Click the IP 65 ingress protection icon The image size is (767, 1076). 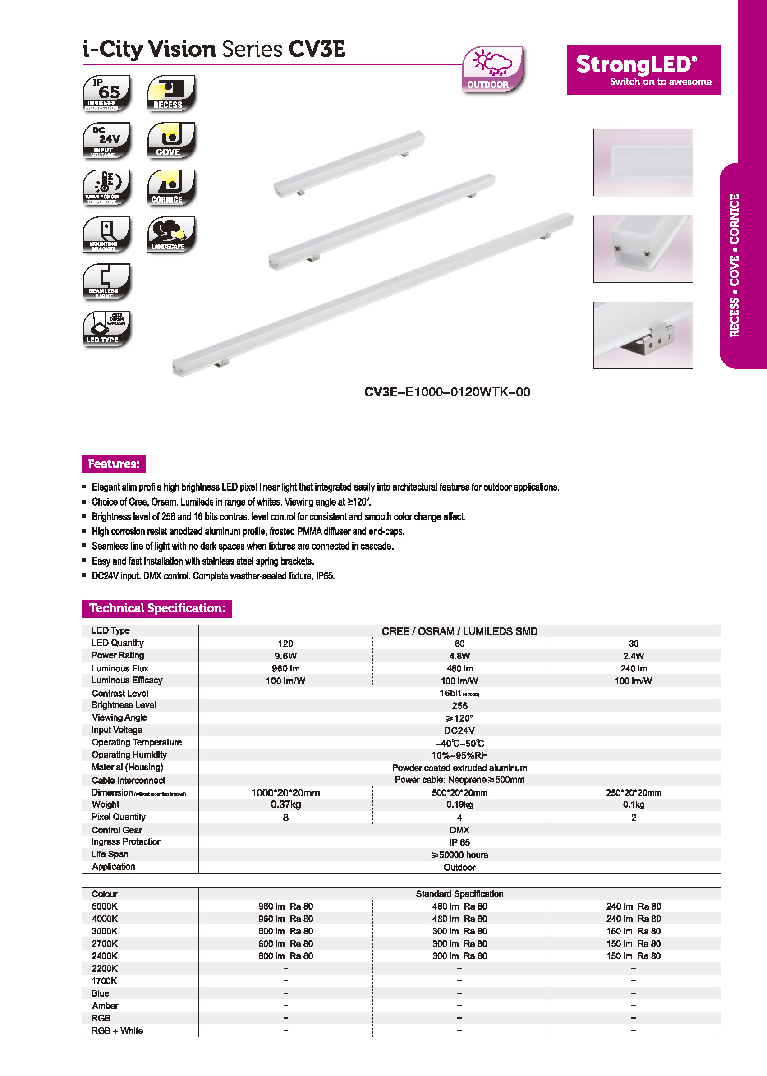106,93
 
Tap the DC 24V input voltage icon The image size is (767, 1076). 106,140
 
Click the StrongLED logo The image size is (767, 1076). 643,70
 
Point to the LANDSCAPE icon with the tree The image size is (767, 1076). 171,235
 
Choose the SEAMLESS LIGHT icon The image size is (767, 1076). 106,281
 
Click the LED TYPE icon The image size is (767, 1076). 106,329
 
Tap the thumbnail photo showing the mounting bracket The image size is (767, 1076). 643,335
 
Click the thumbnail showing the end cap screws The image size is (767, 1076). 643,249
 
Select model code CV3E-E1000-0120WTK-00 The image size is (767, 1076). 447,392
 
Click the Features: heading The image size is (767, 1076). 113,464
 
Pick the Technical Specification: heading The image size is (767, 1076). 157,608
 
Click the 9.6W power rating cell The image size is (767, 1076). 285,656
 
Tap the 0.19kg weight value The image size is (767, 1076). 459,805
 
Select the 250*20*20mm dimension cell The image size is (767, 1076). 633,793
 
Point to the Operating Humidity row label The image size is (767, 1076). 129,755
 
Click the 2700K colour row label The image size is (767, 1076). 104,943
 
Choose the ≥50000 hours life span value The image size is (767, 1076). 459,855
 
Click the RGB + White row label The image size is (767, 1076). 117,1030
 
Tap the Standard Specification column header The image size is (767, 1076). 459,894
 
